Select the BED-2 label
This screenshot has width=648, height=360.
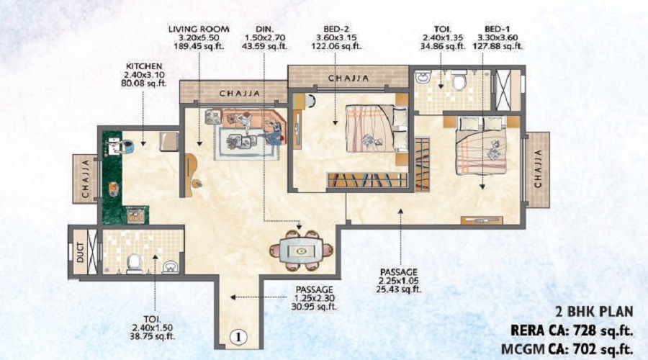click(337, 30)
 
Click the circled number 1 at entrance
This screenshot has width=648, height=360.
click(239, 335)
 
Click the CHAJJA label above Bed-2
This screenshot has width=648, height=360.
click(348, 77)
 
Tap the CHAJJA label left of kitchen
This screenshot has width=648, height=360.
click(85, 179)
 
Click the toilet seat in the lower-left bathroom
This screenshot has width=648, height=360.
click(133, 263)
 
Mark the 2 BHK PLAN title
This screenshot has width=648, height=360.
click(594, 312)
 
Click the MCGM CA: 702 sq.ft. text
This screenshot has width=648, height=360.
click(564, 349)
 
